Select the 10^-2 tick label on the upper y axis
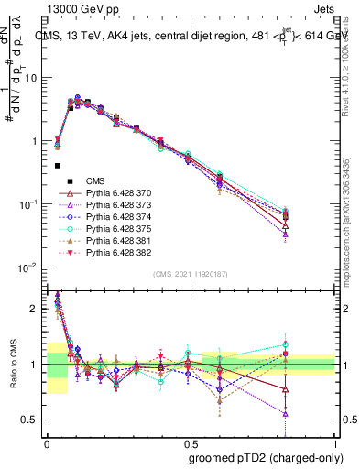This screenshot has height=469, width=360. point(30,267)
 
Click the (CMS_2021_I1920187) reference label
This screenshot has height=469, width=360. point(190,273)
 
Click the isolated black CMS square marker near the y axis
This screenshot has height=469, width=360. point(57,166)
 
